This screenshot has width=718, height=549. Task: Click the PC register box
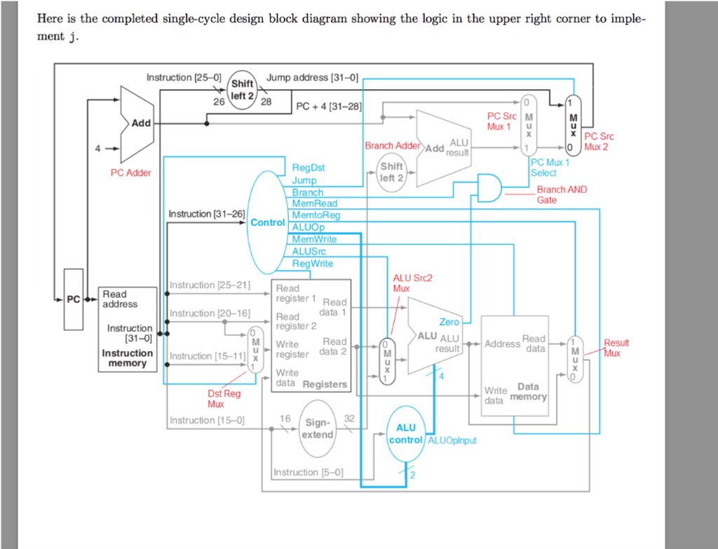point(73,299)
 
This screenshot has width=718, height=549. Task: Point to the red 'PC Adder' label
point(130,172)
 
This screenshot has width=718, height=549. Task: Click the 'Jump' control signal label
point(304,180)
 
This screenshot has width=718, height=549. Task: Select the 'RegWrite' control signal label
point(312,264)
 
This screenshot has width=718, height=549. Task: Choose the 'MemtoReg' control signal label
point(316,215)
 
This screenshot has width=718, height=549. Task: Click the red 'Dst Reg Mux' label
point(223,399)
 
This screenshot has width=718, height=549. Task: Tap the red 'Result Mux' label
point(616,348)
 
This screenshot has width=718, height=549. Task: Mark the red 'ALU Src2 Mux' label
point(412,283)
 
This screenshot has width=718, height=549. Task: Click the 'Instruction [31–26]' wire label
point(207,214)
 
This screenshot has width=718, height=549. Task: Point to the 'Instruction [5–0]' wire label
point(309,472)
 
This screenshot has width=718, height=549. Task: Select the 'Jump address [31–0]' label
point(312,78)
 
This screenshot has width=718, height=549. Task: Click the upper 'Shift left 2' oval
point(242,90)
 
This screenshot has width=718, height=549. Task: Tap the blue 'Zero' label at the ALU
point(449,322)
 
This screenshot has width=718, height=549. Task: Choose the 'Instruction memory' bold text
point(127,358)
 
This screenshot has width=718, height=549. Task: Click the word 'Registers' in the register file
point(324,384)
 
